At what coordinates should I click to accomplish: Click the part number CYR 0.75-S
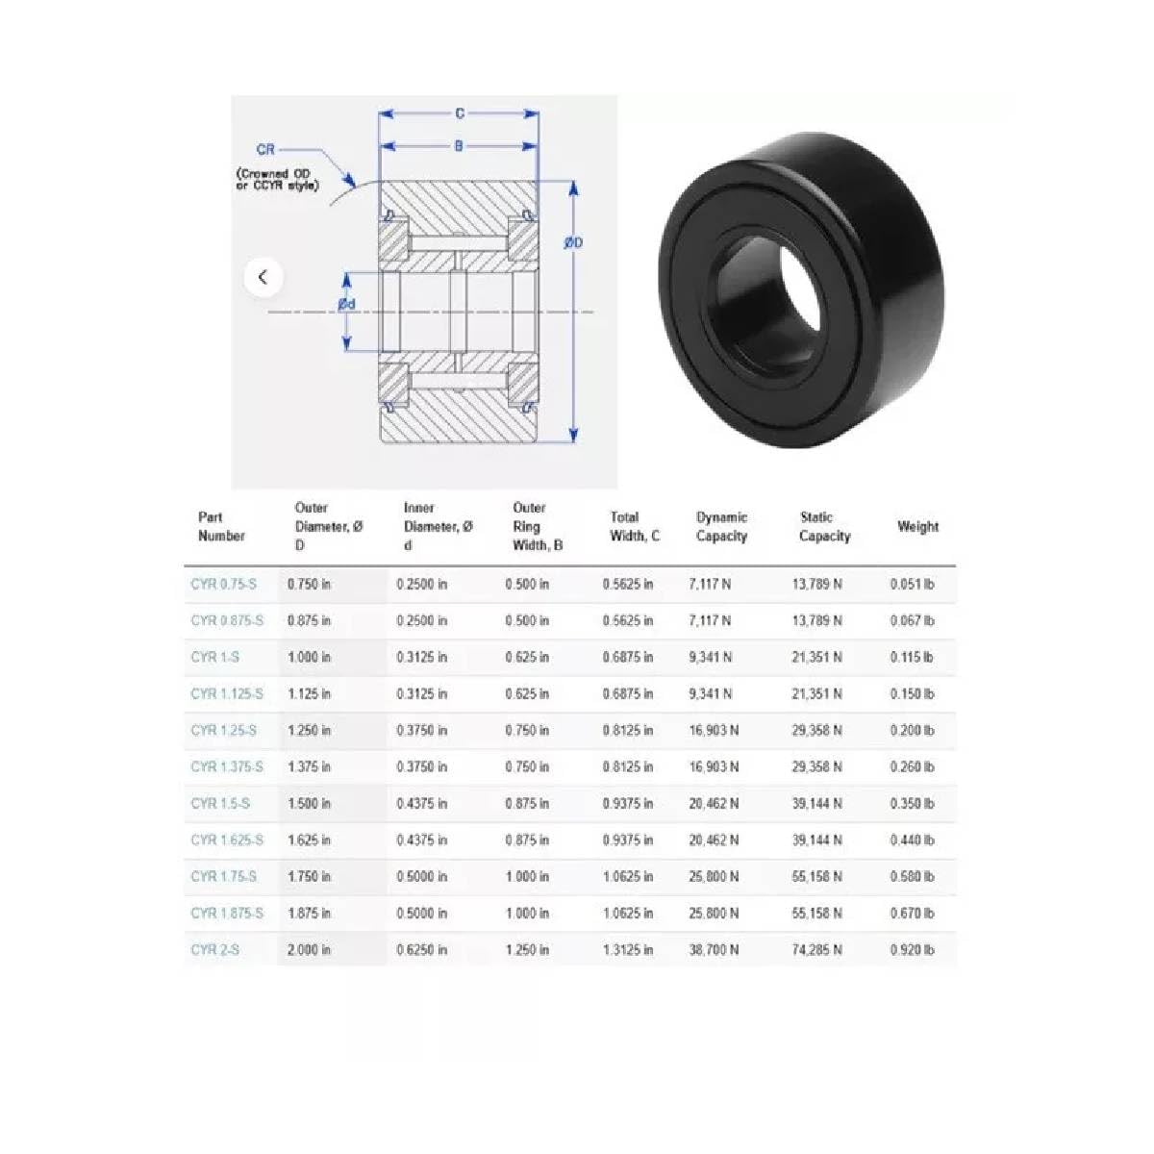click(224, 584)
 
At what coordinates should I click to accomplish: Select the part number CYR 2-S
click(215, 949)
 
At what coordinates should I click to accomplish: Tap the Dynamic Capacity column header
click(721, 526)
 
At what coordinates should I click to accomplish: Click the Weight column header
click(917, 526)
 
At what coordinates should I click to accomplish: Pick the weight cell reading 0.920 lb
click(912, 949)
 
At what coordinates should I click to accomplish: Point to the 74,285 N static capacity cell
click(817, 949)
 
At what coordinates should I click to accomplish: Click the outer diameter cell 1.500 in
click(309, 803)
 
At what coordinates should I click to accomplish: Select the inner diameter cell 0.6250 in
click(421, 949)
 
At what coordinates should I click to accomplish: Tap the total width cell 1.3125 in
click(628, 949)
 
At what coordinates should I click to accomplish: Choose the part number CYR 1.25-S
click(224, 730)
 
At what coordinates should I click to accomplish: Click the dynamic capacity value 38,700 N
click(714, 949)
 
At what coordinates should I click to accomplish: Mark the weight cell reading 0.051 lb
click(912, 584)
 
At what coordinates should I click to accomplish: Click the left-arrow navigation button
click(263, 278)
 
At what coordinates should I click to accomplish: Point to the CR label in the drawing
click(265, 149)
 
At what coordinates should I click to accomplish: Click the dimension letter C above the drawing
click(460, 113)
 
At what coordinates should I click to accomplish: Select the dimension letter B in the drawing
click(460, 146)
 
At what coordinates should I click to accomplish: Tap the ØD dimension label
click(573, 243)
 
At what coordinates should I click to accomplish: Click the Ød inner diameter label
click(347, 305)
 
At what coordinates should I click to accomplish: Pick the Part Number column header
click(221, 526)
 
